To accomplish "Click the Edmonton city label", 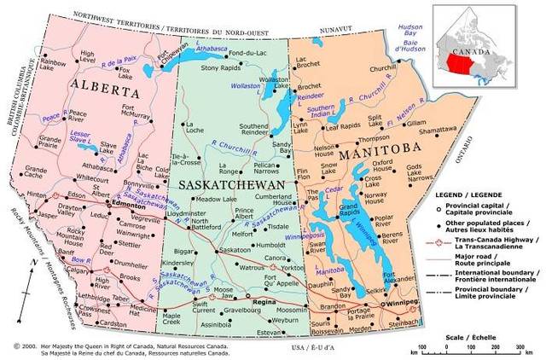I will coord(127,206).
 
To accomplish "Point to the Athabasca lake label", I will coord(210,49).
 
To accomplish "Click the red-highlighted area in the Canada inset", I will coord(471,62).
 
